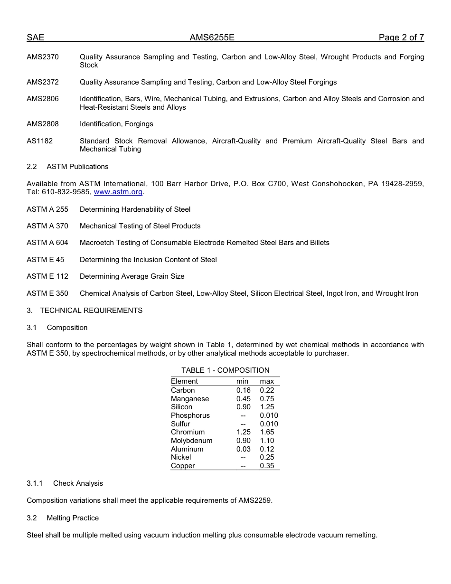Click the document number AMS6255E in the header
point(212,38)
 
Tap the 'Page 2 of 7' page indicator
point(401,38)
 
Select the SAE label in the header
point(35,38)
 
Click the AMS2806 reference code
point(43,99)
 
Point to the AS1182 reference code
point(40,141)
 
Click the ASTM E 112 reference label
point(47,276)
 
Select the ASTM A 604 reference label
point(47,243)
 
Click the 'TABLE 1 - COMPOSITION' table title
point(225,370)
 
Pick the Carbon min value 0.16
point(244,390)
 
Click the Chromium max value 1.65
point(267,432)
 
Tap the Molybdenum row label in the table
point(192,441)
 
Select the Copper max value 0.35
point(267,466)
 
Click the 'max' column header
point(267,381)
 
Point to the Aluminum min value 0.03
point(244,449)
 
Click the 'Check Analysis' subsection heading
point(78,483)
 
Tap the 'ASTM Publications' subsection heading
point(77,167)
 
